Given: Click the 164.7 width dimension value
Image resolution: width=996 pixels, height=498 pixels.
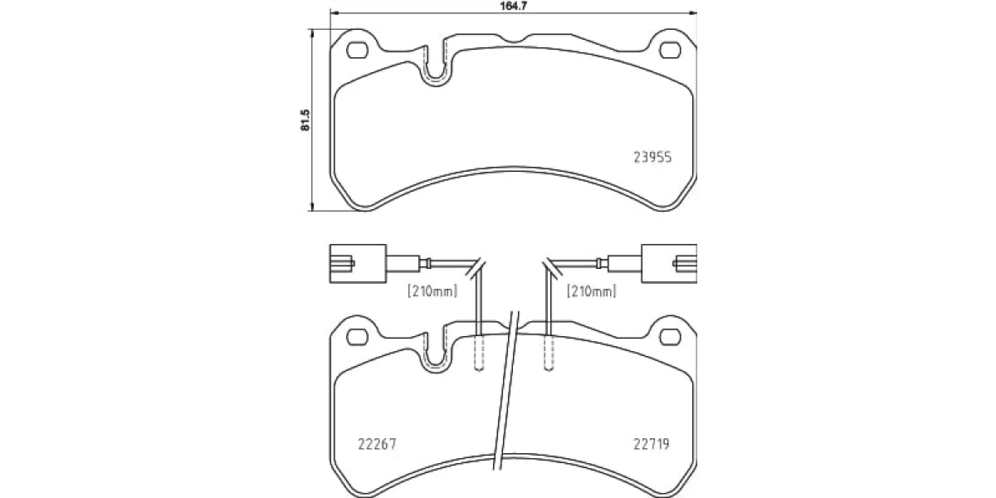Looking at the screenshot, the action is tap(514, 7).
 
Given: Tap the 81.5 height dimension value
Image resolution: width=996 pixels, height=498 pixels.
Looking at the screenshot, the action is tap(305, 120).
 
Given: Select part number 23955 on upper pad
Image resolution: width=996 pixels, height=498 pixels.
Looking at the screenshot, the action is tap(652, 158).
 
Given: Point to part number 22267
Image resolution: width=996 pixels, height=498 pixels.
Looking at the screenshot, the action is tap(377, 444).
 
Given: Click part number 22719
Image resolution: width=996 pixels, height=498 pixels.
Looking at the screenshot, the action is tap(652, 444).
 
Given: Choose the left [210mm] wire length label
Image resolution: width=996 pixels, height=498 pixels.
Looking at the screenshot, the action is tap(432, 291).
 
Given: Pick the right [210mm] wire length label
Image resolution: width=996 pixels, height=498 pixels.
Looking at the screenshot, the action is tap(591, 291).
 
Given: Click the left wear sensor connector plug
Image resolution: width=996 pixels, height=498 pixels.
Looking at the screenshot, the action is tap(358, 263).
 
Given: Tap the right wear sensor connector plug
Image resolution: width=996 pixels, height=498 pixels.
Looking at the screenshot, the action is tap(669, 263).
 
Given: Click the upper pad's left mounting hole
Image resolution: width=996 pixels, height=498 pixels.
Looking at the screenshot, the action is tap(358, 51).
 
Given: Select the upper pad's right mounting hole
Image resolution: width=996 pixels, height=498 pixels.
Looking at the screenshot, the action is tap(670, 51).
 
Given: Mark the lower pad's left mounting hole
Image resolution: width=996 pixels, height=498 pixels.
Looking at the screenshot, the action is tap(358, 337).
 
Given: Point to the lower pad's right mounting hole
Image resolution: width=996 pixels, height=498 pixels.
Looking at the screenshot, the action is tap(670, 337).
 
